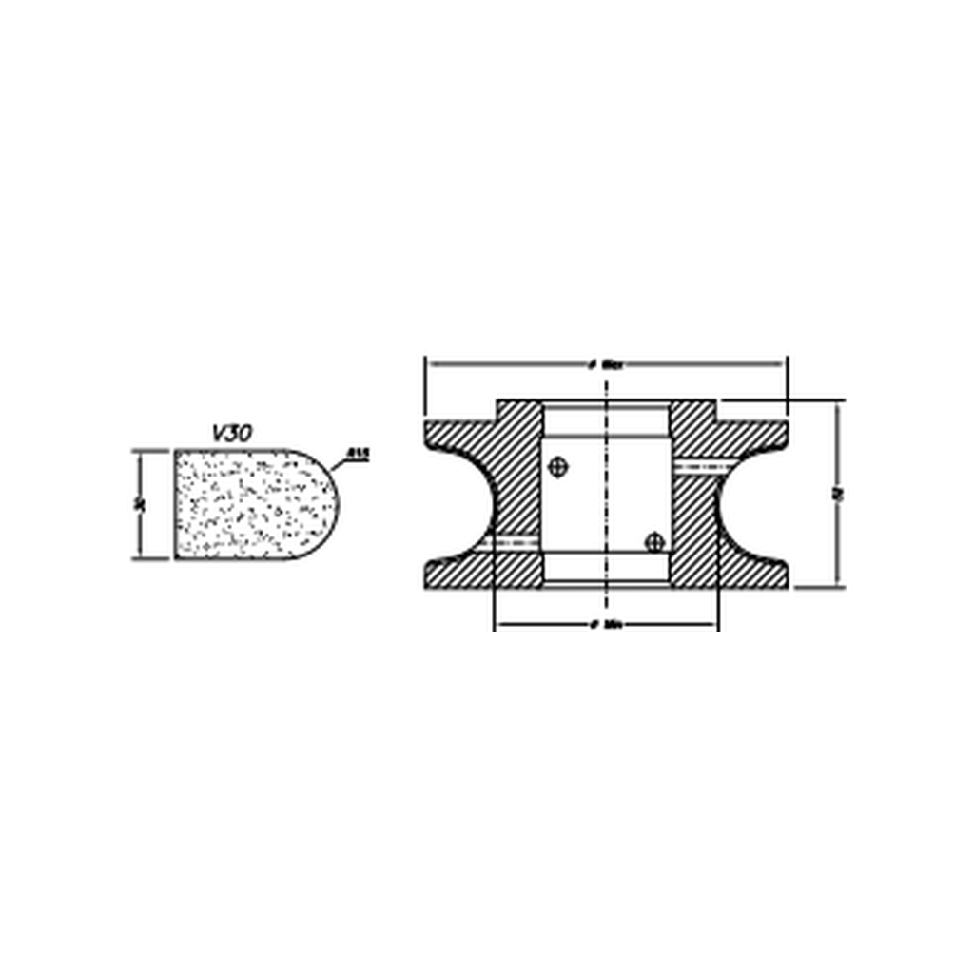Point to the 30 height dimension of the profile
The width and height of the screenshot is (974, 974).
[139, 504]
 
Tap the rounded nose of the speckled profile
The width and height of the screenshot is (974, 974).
[323, 504]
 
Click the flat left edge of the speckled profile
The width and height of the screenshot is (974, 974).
[175, 504]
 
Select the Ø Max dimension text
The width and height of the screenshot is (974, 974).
[606, 364]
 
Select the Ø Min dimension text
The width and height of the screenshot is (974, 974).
[606, 626]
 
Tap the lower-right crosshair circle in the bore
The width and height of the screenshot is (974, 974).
[653, 542]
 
